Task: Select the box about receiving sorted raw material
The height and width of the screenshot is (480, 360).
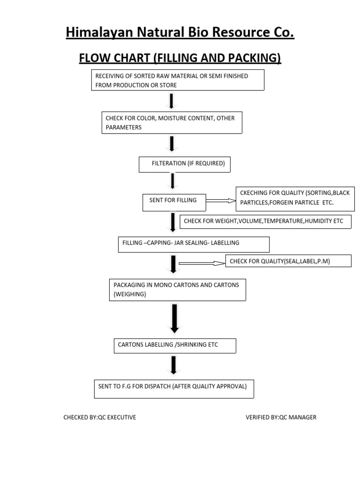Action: click(178, 80)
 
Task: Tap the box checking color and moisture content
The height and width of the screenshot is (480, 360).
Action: click(172, 123)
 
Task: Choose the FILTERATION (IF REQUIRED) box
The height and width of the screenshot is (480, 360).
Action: click(185, 164)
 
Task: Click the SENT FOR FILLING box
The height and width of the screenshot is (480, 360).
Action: click(173, 202)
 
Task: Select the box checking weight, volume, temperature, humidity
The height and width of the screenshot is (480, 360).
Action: click(265, 221)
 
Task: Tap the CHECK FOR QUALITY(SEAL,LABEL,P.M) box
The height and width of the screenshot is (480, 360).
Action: click(288, 261)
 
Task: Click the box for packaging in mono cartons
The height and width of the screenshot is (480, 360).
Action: click(177, 290)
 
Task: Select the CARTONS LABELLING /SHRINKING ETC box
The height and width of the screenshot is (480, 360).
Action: click(175, 345)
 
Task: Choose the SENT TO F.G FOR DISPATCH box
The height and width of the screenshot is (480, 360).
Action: click(174, 389)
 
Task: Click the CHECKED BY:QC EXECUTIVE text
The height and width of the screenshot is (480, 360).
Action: click(100, 417)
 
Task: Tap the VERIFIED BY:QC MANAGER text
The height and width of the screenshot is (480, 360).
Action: click(281, 417)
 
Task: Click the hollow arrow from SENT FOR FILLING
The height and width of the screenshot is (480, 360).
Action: click(220, 201)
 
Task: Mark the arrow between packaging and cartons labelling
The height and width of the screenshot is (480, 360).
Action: click(174, 319)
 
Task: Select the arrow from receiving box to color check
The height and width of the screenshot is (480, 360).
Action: click(172, 101)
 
